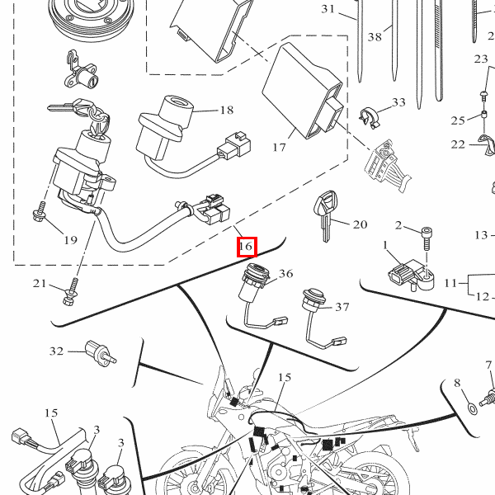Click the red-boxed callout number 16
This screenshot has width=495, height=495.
[246, 247]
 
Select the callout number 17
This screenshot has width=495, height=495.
[278, 148]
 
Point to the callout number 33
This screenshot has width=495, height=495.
[398, 103]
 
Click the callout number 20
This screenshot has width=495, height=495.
[360, 224]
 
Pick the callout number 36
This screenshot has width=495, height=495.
[285, 274]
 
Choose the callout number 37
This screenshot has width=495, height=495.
[342, 307]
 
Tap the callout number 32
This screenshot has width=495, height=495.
[56, 351]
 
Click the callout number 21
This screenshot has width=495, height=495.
[40, 284]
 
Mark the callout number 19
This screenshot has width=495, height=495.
[69, 240]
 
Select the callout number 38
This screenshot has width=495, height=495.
[375, 37]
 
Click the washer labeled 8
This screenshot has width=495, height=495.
[471, 407]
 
